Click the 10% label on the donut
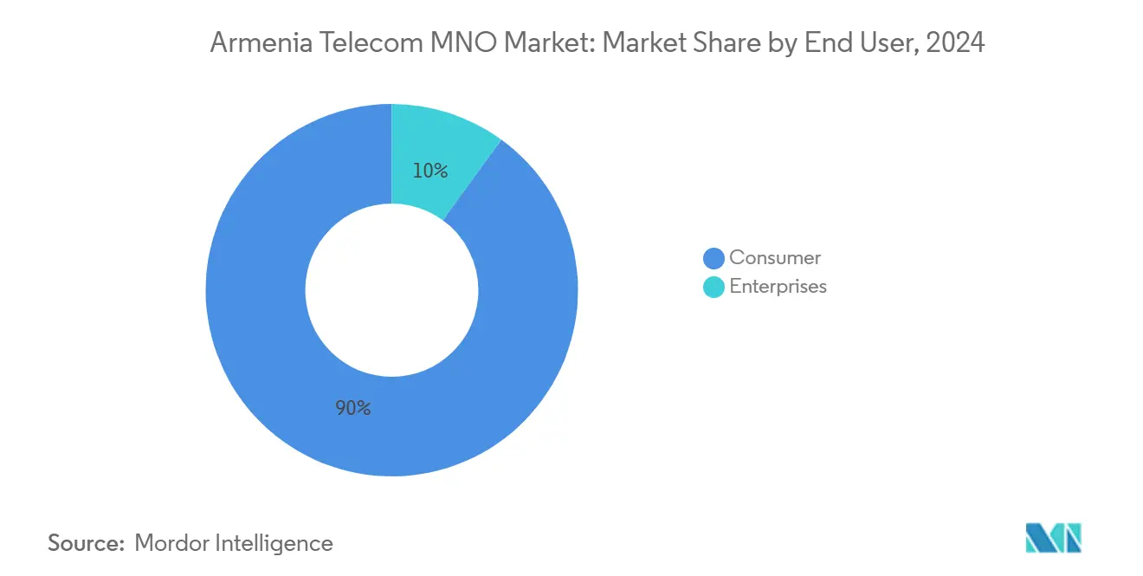[x=429, y=172]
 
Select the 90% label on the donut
[x=353, y=408]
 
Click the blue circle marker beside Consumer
[x=714, y=258]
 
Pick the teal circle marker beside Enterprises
[x=714, y=287]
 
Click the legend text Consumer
[x=775, y=257]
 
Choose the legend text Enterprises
[x=778, y=287]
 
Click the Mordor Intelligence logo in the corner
[x=1053, y=538]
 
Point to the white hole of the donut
[x=391, y=290]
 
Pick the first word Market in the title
[x=546, y=42]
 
